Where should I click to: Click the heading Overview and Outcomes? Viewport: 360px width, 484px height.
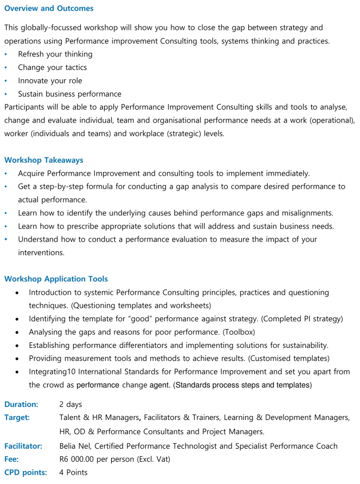pos(49,8)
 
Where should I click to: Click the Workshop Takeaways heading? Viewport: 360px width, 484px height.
pos(44,160)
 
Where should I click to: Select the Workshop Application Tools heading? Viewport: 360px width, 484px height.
pos(56,279)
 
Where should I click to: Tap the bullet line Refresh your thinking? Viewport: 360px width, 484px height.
pos(55,54)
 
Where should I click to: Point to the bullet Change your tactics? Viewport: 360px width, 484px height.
pos(52,67)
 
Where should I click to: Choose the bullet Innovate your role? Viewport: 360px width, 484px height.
pos(50,81)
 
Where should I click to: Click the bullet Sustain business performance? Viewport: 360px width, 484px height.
pos(69,94)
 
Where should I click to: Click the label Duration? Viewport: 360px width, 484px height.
pos(21,404)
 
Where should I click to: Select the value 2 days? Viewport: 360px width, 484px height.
pos(70,404)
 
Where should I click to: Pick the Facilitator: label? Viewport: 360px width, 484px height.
pos(23,446)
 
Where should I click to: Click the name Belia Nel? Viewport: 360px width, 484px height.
pos(74,446)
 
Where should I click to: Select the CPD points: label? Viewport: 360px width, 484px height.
pos(25,473)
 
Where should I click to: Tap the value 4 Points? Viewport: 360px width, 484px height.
pos(73,473)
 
